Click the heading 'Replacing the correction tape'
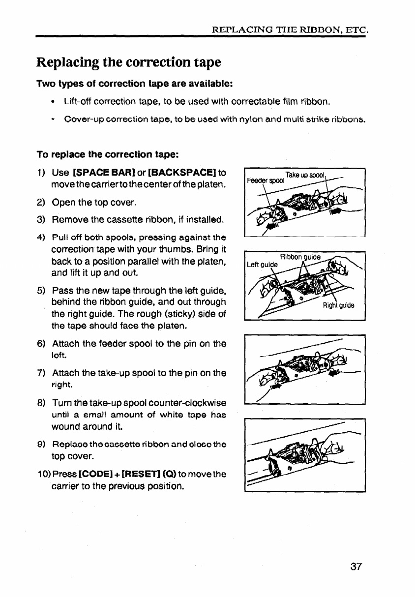129,62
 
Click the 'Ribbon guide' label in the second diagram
300,257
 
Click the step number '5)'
42,290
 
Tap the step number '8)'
42,403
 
